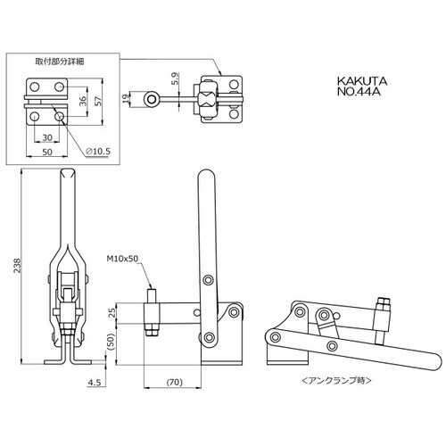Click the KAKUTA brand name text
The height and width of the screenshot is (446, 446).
(x=362, y=81)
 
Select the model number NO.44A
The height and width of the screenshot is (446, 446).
(x=359, y=91)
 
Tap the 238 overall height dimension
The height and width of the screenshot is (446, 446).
(x=18, y=266)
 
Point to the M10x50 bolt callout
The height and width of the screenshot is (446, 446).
(x=122, y=259)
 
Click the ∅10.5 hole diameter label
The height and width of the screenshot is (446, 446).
(x=98, y=152)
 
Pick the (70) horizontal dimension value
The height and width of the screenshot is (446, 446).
(x=175, y=382)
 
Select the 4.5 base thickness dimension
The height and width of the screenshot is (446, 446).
(x=95, y=382)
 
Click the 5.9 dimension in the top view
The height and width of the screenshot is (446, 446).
(x=176, y=78)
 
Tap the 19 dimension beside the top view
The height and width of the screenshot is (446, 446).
(x=126, y=98)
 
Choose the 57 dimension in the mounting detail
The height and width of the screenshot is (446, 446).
(x=98, y=101)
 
